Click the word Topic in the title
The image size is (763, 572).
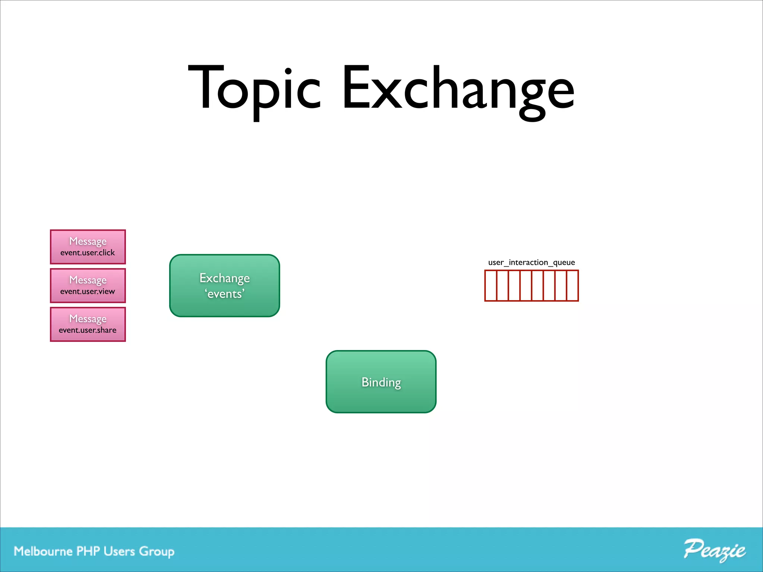pyautogui.click(x=254, y=89)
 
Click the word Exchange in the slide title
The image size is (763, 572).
pyautogui.click(x=458, y=89)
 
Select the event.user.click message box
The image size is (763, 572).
pyautogui.click(x=88, y=247)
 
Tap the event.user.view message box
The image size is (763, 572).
pyautogui.click(x=88, y=286)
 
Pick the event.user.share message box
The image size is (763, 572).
pyautogui.click(x=88, y=324)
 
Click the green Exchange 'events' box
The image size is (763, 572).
pyautogui.click(x=225, y=286)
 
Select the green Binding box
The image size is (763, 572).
pyautogui.click(x=381, y=382)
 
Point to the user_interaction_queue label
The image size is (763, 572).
pyautogui.click(x=531, y=263)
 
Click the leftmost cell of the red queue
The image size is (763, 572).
pyautogui.click(x=491, y=286)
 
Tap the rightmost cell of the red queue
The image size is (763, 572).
pyautogui.click(x=573, y=286)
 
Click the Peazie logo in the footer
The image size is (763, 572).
pyautogui.click(x=714, y=550)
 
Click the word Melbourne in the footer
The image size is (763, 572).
pyautogui.click(x=43, y=551)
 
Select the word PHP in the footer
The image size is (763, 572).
pyautogui.click(x=88, y=551)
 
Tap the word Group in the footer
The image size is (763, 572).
pyautogui.click(x=157, y=552)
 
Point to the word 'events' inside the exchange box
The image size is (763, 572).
pyautogui.click(x=225, y=294)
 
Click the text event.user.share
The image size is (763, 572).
pyautogui.click(x=88, y=330)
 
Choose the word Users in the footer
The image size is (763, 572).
pyautogui.click(x=119, y=551)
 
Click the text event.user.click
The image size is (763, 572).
pyautogui.click(x=88, y=253)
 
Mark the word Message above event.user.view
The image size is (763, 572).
pyautogui.click(x=88, y=280)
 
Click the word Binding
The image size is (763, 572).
pyautogui.click(x=381, y=382)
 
